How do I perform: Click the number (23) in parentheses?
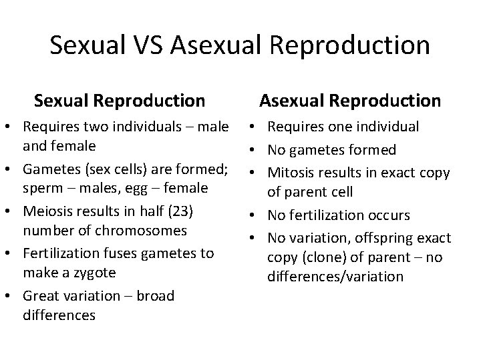tap(180, 211)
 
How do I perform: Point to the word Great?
tap(41, 295)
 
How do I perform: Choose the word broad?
tap(155, 295)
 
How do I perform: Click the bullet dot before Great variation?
tap(13, 296)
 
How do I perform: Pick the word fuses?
tap(112, 253)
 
